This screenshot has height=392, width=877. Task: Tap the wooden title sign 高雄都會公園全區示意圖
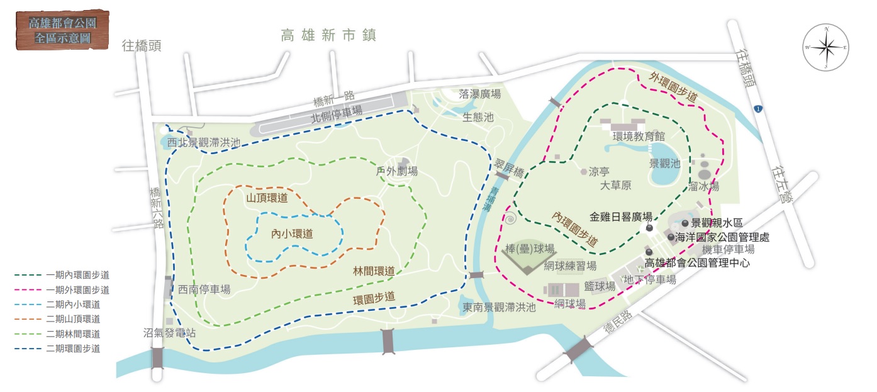tap(60, 30)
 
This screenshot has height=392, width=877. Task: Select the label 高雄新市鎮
tap(328, 35)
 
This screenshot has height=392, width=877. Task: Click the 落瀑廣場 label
tap(480, 94)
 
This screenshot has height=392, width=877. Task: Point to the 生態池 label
tap(478, 117)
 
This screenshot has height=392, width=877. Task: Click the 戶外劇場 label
tap(396, 171)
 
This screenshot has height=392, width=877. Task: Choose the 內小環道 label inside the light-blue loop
tap(292, 233)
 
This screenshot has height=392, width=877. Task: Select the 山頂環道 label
tap(267, 198)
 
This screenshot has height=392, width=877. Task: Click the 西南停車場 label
tap(203, 289)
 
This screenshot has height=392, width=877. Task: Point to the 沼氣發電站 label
tap(166, 333)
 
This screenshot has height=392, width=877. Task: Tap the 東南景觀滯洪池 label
tap(499, 307)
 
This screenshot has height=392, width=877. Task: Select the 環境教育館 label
tap(639, 135)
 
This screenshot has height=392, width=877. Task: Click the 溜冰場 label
tap(703, 186)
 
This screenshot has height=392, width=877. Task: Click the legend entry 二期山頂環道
tap(72, 319)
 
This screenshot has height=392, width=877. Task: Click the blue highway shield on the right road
tap(760, 109)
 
